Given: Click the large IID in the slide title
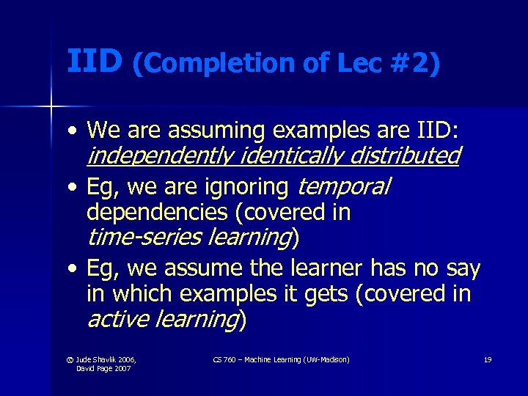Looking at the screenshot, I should coord(94,62).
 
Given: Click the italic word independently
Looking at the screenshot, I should coord(159,155).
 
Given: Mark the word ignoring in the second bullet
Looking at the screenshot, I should coord(246,188).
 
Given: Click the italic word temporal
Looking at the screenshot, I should coord(344,188).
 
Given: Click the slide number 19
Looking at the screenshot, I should coord(487,359).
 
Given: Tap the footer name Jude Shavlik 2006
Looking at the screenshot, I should coord(106,359).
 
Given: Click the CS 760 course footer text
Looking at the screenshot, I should coord(281,359).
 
